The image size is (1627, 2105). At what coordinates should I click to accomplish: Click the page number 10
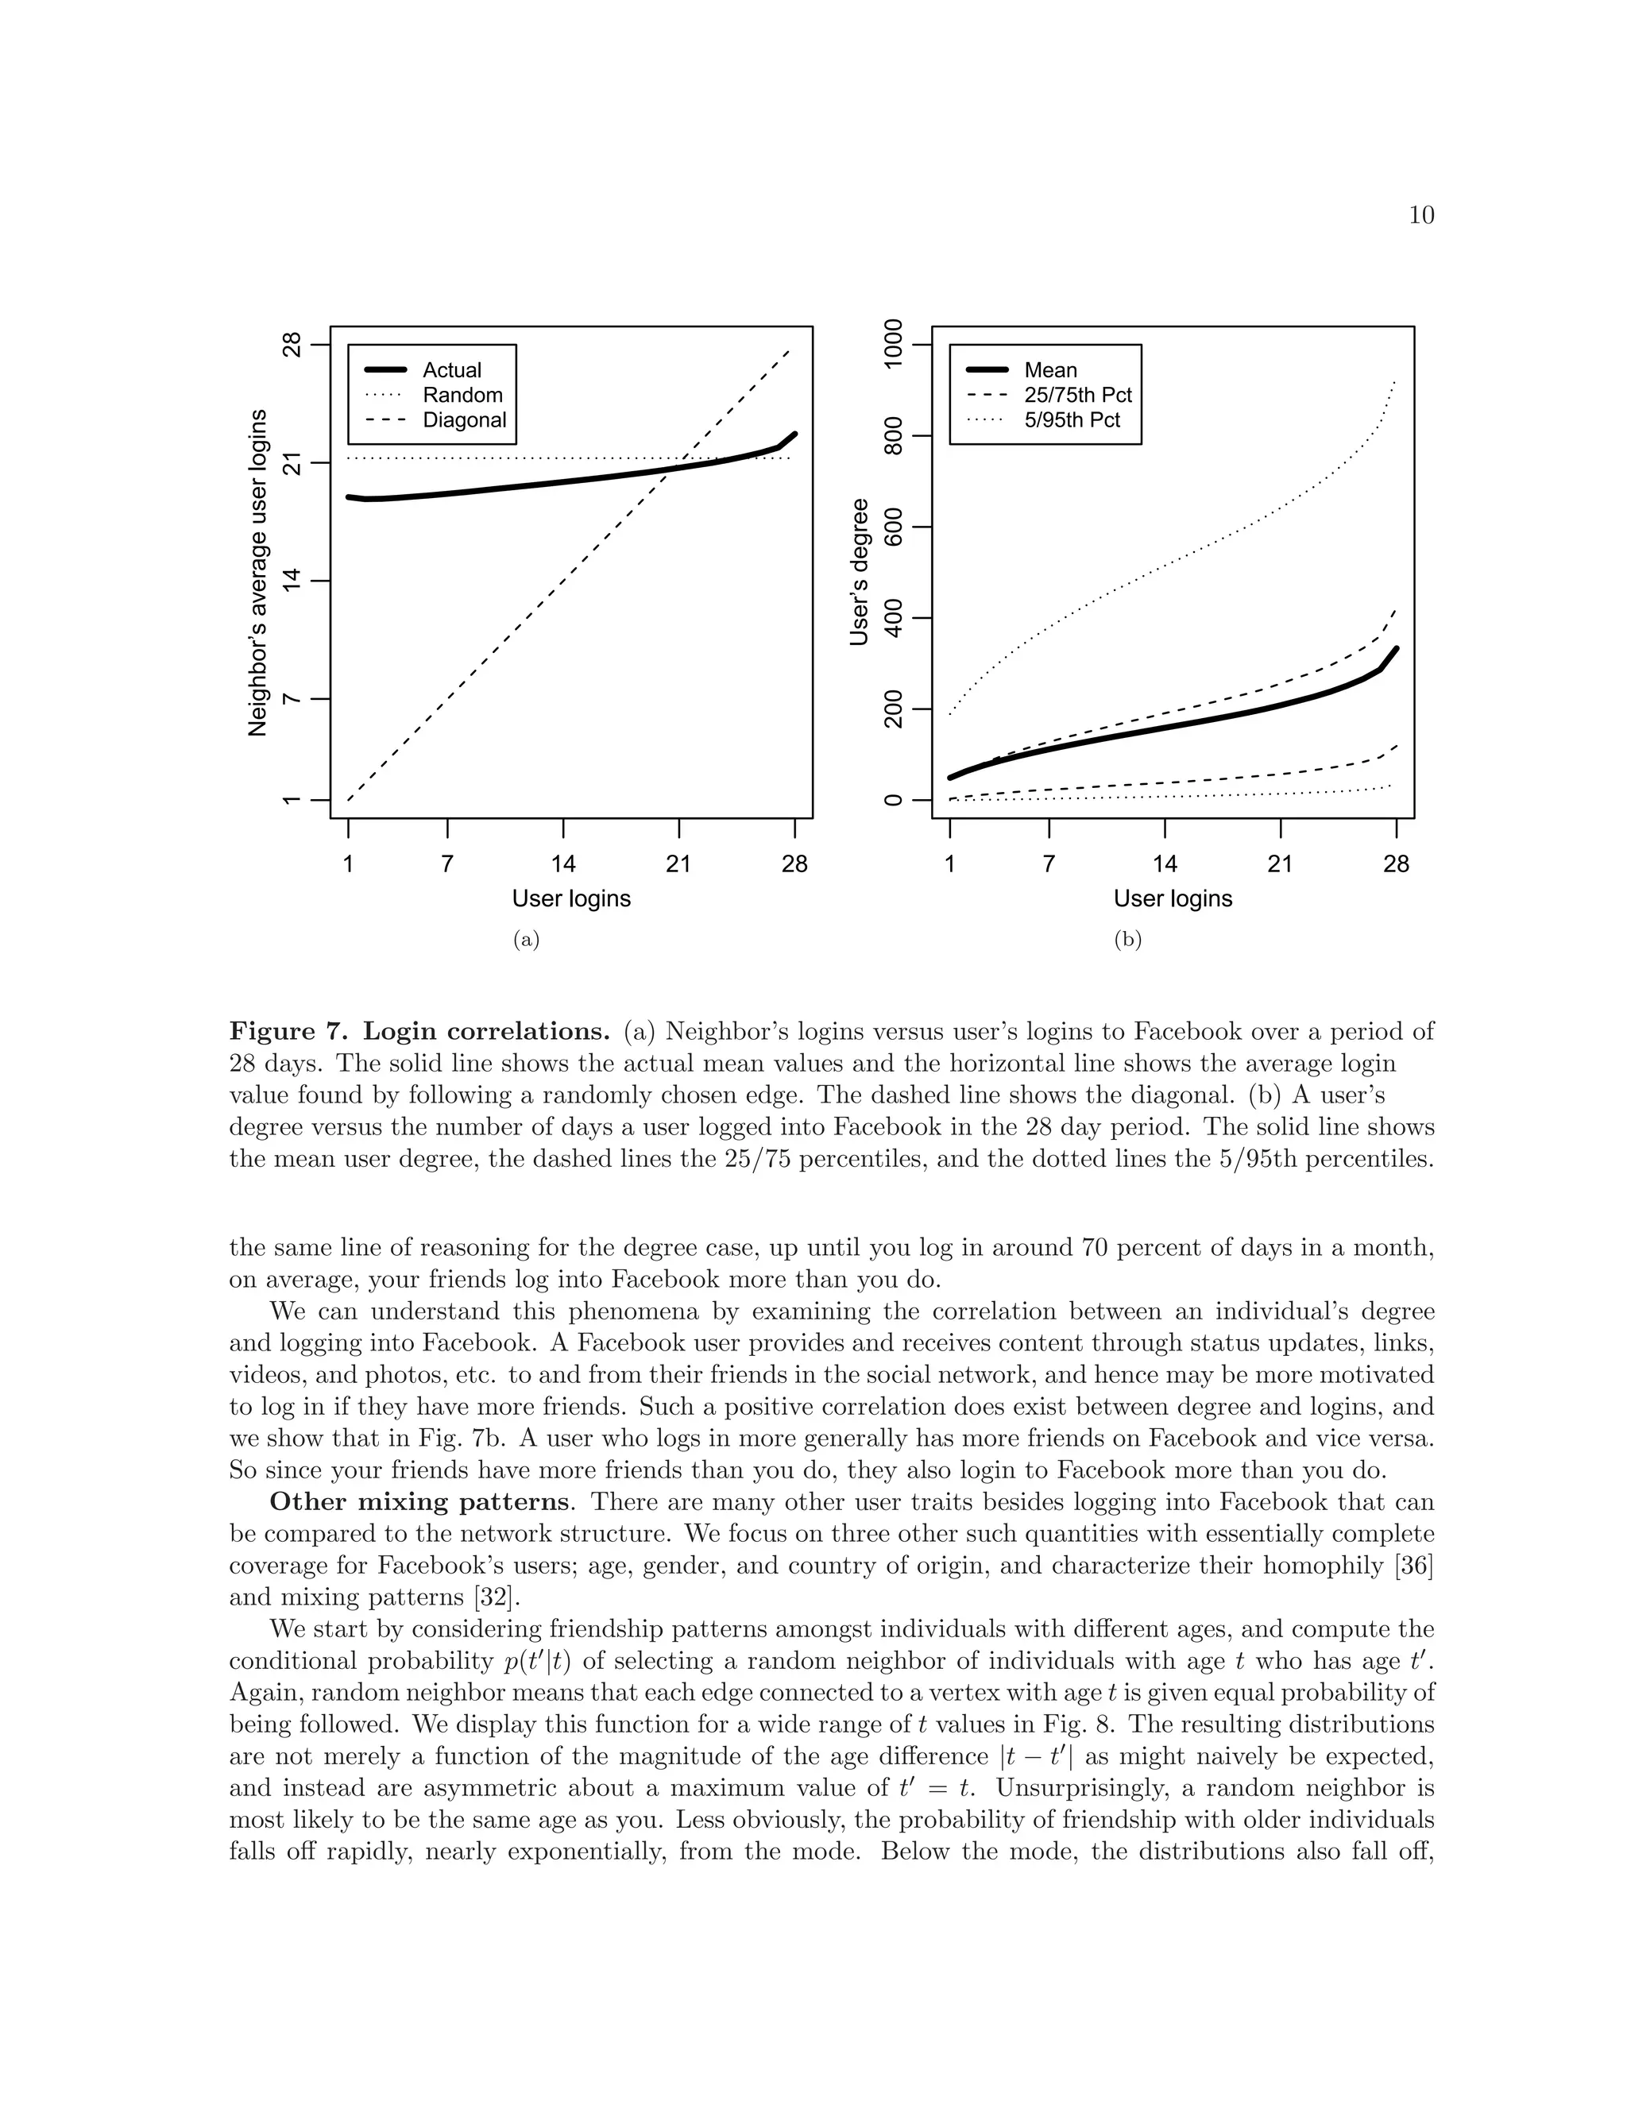pos(1420,215)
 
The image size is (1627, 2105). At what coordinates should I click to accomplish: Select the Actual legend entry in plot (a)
pos(451,370)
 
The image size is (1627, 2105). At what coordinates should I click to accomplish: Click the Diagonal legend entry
pos(464,420)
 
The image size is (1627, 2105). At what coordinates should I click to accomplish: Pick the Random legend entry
pos(462,395)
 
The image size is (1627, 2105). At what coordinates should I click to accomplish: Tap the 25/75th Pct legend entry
pos(1077,395)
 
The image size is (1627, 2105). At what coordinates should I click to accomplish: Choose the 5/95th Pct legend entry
pos(1072,420)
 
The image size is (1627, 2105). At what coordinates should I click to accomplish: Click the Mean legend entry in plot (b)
pos(1050,370)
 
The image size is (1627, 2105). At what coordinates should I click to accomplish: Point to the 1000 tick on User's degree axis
pos(894,344)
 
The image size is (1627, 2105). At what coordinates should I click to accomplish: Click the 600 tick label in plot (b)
pos(894,527)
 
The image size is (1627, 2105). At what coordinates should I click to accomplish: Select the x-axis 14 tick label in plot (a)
pos(563,863)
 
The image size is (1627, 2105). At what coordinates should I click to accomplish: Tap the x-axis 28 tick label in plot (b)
pos(1396,863)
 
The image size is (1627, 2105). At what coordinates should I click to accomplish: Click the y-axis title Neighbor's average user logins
pos(257,573)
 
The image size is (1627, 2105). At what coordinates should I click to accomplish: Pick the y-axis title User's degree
pos(859,573)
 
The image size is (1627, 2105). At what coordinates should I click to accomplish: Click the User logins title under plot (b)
pos(1172,898)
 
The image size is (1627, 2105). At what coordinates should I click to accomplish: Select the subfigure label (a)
pos(525,939)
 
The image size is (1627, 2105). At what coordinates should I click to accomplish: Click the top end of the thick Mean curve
pos(1396,649)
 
